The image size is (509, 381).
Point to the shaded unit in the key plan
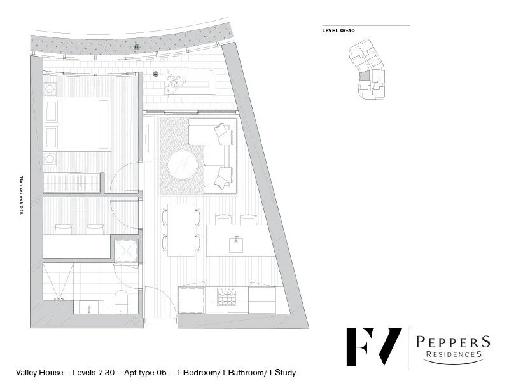pos(364,76)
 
